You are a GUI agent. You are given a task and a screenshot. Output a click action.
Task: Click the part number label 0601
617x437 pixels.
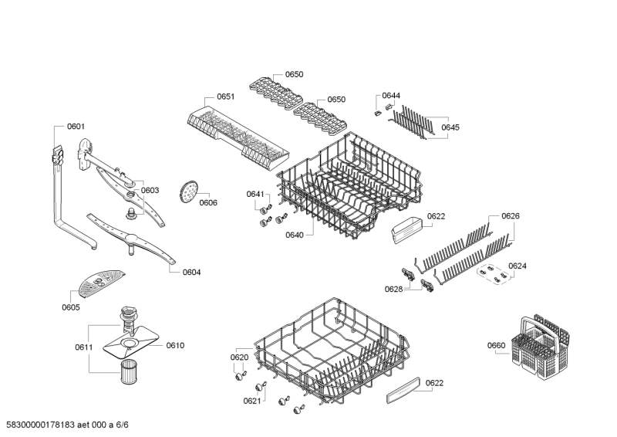pos(76,126)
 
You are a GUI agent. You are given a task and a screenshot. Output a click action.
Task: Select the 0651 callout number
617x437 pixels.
pos(225,97)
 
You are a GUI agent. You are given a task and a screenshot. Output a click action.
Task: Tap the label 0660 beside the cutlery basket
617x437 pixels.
pos(496,345)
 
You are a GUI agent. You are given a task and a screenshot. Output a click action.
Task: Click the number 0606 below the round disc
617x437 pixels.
pos(208,203)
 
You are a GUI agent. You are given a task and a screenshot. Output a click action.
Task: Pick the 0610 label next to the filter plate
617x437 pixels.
pos(175,345)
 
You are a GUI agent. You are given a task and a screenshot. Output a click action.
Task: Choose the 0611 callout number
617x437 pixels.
pos(84,347)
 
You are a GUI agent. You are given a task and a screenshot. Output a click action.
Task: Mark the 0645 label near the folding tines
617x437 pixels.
pos(450,127)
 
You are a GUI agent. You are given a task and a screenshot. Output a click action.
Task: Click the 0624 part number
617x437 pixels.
pos(518,266)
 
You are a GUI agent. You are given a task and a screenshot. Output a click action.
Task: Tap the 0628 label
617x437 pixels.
pos(393,289)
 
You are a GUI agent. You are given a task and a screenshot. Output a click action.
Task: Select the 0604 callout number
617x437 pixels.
pos(191,272)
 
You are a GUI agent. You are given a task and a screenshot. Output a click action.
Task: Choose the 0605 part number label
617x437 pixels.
pos(71,307)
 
